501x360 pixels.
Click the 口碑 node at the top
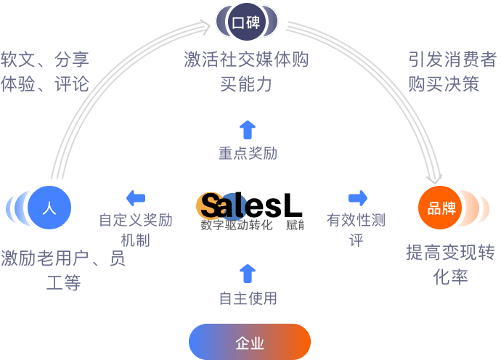pos(246,22)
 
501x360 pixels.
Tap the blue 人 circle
pos(49,208)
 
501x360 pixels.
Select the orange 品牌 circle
pos(442,208)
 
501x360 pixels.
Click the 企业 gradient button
pos(250,342)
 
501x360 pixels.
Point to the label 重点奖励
pos(248,153)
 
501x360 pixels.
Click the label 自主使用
pos(248,298)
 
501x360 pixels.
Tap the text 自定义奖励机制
pos(135,229)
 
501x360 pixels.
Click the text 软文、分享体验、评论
pos(45,71)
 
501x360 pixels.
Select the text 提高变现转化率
pos(450,264)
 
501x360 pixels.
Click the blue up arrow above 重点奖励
pos(248,130)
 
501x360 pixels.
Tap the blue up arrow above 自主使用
pos(248,273)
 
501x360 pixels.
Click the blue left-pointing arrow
pos(135,197)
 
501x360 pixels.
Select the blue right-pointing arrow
pos(358,197)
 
